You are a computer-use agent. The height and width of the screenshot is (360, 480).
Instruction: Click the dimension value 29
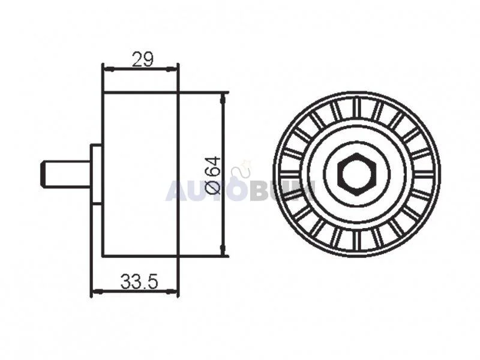point(142,59)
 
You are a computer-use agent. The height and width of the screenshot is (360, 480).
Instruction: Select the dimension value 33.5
point(139,281)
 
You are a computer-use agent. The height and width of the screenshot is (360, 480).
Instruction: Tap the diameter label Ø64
point(213,175)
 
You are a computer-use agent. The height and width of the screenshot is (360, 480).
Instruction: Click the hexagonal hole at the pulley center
point(356,175)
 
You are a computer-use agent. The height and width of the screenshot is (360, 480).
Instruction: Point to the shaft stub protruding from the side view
point(65,174)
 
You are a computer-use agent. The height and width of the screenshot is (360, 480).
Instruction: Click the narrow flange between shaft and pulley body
point(96,174)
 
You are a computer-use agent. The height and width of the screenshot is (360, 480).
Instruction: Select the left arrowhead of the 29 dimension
point(109,70)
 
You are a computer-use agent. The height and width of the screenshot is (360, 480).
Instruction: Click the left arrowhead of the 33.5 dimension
point(97,292)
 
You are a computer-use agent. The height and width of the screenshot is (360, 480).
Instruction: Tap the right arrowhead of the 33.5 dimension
point(172,292)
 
